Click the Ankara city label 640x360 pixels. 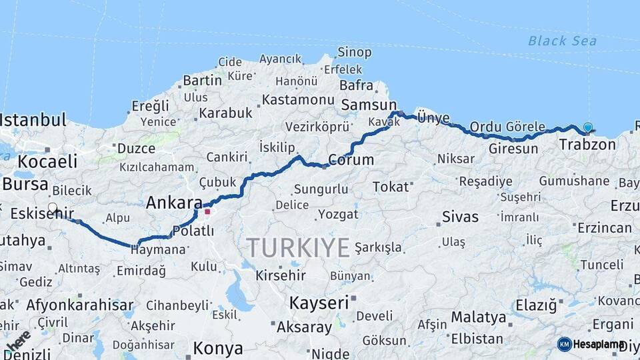pyautogui.click(x=173, y=202)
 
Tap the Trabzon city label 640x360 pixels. pyautogui.click(x=587, y=145)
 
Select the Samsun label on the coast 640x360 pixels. pyautogui.click(x=369, y=105)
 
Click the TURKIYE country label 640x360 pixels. pyautogui.click(x=298, y=248)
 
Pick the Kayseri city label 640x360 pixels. pyautogui.click(x=319, y=303)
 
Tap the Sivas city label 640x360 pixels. pyautogui.click(x=460, y=217)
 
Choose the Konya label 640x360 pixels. pyautogui.click(x=218, y=348)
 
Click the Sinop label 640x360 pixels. pyautogui.click(x=354, y=52)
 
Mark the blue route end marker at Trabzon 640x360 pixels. pyautogui.click(x=587, y=127)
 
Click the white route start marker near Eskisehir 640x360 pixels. pyautogui.click(x=53, y=208)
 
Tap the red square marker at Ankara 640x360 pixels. pyautogui.click(x=207, y=213)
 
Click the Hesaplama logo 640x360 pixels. pyautogui.click(x=591, y=344)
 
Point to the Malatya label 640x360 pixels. pyautogui.click(x=478, y=317)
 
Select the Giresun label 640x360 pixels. pyautogui.click(x=513, y=149)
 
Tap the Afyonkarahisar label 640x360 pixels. pyautogui.click(x=80, y=305)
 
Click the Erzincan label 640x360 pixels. pyautogui.click(x=604, y=228)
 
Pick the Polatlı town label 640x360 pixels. pyautogui.click(x=193, y=231)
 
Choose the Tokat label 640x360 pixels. pyautogui.click(x=390, y=187)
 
